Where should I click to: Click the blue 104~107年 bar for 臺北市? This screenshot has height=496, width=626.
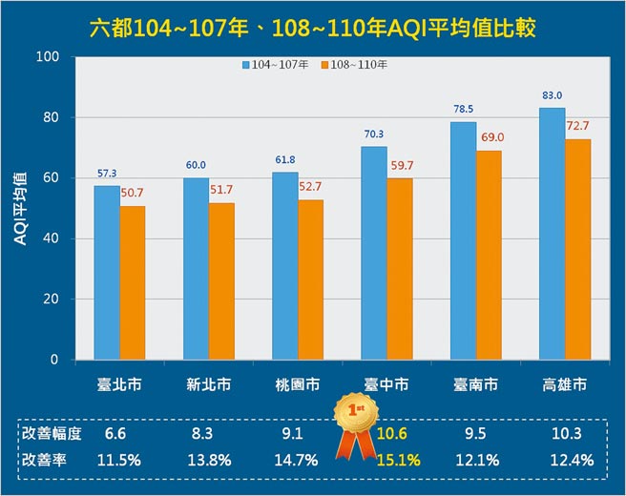click(106, 272)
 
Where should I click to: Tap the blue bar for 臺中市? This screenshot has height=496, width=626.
click(374, 253)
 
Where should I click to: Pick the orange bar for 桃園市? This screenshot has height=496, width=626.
click(311, 279)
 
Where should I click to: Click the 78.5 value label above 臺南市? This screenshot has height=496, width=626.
click(463, 110)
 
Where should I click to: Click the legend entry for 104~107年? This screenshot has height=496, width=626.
click(277, 65)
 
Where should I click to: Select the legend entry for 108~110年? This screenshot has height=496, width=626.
click(356, 65)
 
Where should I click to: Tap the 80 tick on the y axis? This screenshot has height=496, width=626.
click(52, 117)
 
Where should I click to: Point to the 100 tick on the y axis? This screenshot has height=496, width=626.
click(49, 57)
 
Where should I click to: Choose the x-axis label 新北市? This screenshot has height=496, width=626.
click(209, 385)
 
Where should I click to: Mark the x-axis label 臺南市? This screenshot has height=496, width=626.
click(476, 385)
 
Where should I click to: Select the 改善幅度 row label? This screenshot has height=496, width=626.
click(50, 434)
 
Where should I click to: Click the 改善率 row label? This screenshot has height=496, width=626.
click(43, 461)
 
